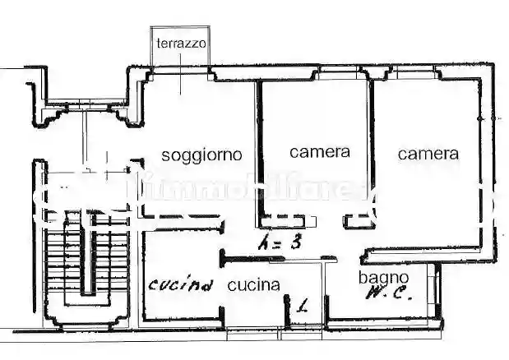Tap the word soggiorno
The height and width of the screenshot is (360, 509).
pyautogui.click(x=201, y=155)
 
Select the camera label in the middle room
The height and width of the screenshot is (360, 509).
pyautogui.click(x=320, y=152)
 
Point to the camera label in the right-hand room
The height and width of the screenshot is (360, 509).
pyautogui.click(x=428, y=153)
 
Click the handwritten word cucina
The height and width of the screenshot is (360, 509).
pyautogui.click(x=181, y=285)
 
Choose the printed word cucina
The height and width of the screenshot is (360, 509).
pyautogui.click(x=254, y=286)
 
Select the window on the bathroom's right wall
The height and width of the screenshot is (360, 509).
pyautogui.click(x=435, y=292)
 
